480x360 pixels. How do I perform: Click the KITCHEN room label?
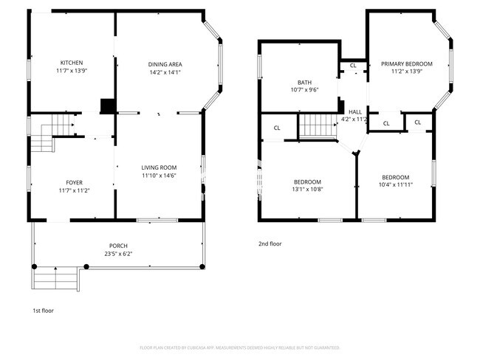tap(72, 63)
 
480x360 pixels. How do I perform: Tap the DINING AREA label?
tap(165, 64)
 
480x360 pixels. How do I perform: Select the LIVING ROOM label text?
tap(160, 167)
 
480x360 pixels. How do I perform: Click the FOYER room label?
tap(75, 182)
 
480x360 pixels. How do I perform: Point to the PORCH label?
tap(118, 246)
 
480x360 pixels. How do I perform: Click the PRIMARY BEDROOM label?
tap(407, 64)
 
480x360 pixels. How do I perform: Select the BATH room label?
tap(304, 82)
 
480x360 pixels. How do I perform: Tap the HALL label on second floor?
tap(354, 111)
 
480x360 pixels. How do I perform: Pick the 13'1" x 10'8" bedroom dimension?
tap(307, 190)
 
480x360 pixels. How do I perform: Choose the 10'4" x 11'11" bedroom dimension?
tap(395, 185)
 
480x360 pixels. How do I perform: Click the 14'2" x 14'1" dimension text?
tap(165, 72)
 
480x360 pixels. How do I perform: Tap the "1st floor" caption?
tap(43, 311)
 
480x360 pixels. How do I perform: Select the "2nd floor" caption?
tap(270, 243)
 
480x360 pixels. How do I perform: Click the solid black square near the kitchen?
tap(108, 105)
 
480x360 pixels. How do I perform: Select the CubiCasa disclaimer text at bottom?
tap(239, 347)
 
